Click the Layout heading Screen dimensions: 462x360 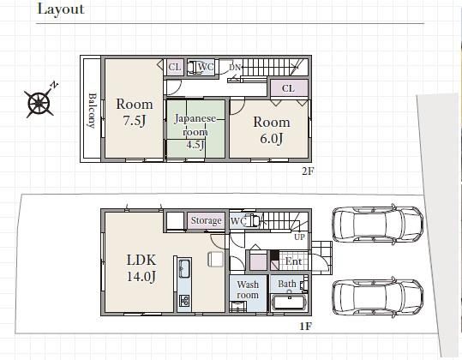point(61,9)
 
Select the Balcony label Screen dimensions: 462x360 point(93,111)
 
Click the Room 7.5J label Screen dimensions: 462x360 point(135,112)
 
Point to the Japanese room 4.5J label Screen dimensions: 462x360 point(195,131)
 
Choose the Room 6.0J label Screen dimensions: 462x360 point(272,130)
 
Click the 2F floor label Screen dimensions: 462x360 point(308,171)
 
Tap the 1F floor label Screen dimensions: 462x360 point(305,327)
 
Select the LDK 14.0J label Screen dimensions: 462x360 point(141,267)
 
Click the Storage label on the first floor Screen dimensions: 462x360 point(206,220)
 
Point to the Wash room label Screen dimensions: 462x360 point(248,290)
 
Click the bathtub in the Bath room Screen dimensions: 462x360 point(290,302)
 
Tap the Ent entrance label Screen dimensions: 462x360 point(293,261)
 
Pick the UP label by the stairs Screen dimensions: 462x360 point(299,237)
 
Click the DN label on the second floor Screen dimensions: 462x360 point(235,68)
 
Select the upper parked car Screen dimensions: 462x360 point(378,225)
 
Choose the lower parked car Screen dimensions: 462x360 point(378,297)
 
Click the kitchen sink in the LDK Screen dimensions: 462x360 point(184,268)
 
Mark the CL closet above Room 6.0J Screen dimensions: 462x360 point(288,88)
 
